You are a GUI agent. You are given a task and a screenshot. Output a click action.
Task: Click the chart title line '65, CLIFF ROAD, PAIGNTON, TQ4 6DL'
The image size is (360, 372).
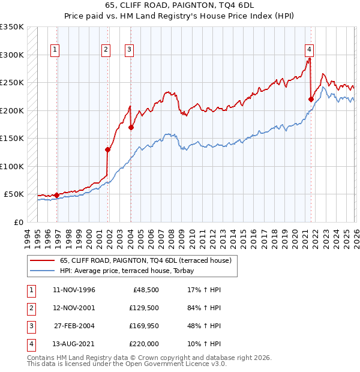pos(179,7)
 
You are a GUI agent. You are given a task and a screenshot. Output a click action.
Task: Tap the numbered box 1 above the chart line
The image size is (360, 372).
pos(55,50)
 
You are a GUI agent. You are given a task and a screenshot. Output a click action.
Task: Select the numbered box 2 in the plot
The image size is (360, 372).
pos(106,50)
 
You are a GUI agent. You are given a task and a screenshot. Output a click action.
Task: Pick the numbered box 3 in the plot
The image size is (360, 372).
pos(129,50)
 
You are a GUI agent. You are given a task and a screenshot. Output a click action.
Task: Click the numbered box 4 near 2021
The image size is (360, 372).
pos(309,50)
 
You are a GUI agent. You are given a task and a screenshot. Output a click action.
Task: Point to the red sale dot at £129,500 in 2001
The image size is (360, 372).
pos(108,150)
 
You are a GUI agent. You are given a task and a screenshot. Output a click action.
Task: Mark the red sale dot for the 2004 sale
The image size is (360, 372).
pos(131,127)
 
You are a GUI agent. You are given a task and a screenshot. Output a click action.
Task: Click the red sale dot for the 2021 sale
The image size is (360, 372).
pos(311,100)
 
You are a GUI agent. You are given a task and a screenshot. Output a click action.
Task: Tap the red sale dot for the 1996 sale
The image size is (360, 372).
pos(57,195)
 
